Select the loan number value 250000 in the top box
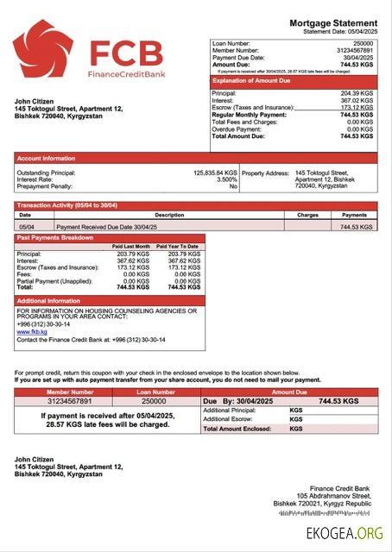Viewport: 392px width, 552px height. [364, 42]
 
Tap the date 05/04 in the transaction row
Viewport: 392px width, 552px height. [27, 226]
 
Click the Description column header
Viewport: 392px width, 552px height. [169, 215]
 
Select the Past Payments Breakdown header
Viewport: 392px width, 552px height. [55, 237]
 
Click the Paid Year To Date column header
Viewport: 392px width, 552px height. [178, 247]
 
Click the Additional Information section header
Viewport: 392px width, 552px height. [49, 300]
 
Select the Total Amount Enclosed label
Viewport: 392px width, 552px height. [236, 428]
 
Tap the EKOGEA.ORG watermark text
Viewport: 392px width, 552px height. [345, 534]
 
